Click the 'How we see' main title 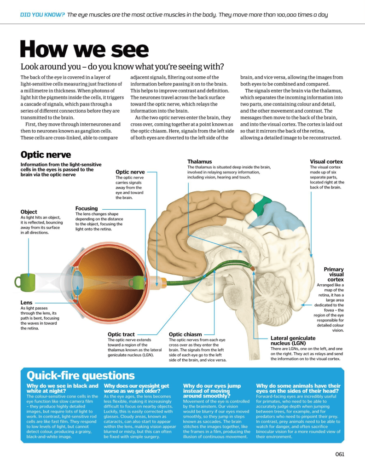pyautogui.click(x=85, y=49)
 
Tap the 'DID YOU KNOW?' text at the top pyautogui.click(x=42, y=14)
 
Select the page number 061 pyautogui.click(x=340, y=454)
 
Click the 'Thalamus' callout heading pyautogui.click(x=200, y=161)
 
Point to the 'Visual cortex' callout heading pyautogui.click(x=326, y=161)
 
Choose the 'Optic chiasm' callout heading pyautogui.click(x=185, y=334)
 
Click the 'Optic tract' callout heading pyautogui.click(x=121, y=334)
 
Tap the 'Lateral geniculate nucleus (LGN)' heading pyautogui.click(x=293, y=341)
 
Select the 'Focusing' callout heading pyautogui.click(x=87, y=208)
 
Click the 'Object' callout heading pyautogui.click(x=29, y=212)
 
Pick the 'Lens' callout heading pyautogui.click(x=26, y=303)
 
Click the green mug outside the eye pyautogui.click(x=25, y=282)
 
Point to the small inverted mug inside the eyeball pyautogui.click(x=137, y=283)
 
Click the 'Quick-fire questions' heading pyautogui.click(x=81, y=375)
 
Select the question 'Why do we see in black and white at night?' pyautogui.click(x=62, y=388)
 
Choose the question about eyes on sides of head pyautogui.click(x=298, y=388)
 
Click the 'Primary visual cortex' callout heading pyautogui.click(x=334, y=274)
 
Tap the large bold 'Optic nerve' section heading pyautogui.click(x=46, y=155)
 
